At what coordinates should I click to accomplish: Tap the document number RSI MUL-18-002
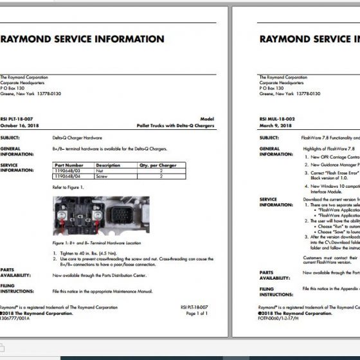[277, 120]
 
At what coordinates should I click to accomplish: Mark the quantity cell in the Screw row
[160, 175]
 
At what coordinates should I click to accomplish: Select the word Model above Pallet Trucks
[207, 120]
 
